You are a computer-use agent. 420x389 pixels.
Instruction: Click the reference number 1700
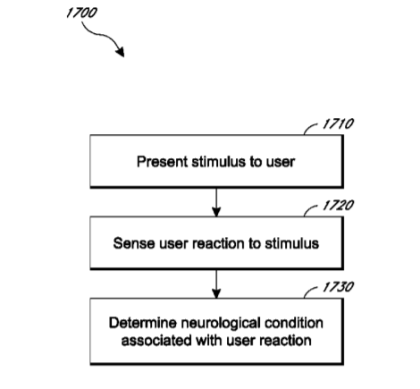tap(81, 13)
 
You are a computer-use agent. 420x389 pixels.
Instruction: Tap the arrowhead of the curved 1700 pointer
tap(121, 52)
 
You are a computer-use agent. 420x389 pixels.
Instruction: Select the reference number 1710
tap(338, 123)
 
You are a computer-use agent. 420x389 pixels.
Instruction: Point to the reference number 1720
tap(338, 206)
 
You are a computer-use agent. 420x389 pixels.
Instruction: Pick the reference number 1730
tap(338, 287)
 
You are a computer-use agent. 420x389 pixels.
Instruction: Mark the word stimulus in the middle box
tap(292, 243)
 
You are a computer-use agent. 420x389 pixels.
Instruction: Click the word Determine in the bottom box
tap(143, 323)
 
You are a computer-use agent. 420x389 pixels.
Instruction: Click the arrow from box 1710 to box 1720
tap(216, 202)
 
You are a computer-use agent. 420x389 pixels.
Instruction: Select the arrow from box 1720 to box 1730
tap(216, 284)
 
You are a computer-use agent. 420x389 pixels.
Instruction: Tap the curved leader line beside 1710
tap(310, 128)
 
